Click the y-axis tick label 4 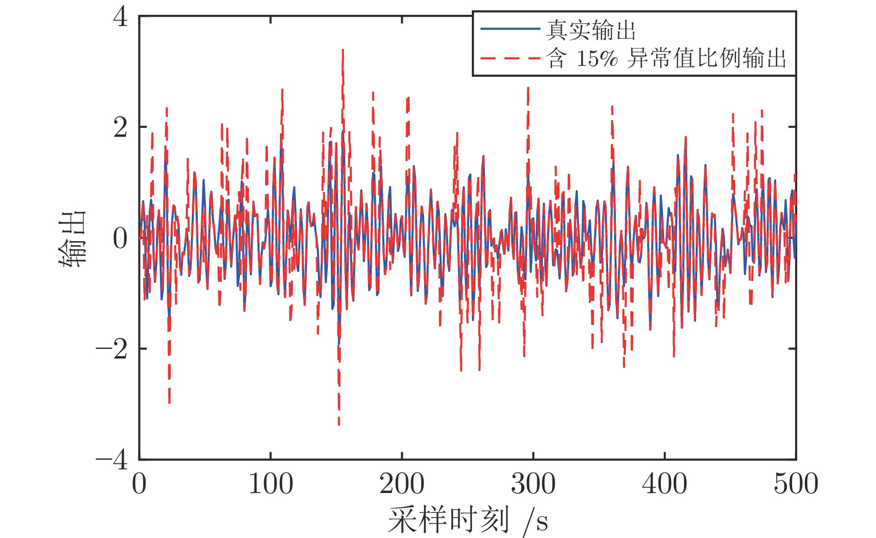(x=121, y=18)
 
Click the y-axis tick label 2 (x=121, y=128)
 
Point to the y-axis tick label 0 (x=121, y=238)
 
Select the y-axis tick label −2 (x=112, y=349)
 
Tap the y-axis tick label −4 (x=112, y=460)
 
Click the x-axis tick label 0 (x=139, y=484)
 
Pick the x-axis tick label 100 (x=271, y=484)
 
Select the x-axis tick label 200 (x=402, y=484)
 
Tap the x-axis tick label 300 (x=533, y=484)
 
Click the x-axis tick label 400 (x=664, y=484)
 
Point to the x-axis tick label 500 (x=795, y=484)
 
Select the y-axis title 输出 (x=73, y=238)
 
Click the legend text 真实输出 (x=590, y=31)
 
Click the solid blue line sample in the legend (x=510, y=29)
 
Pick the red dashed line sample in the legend (x=510, y=58)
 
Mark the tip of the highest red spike (x=343, y=50)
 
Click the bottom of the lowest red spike (x=339, y=424)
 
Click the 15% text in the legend (x=597, y=59)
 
